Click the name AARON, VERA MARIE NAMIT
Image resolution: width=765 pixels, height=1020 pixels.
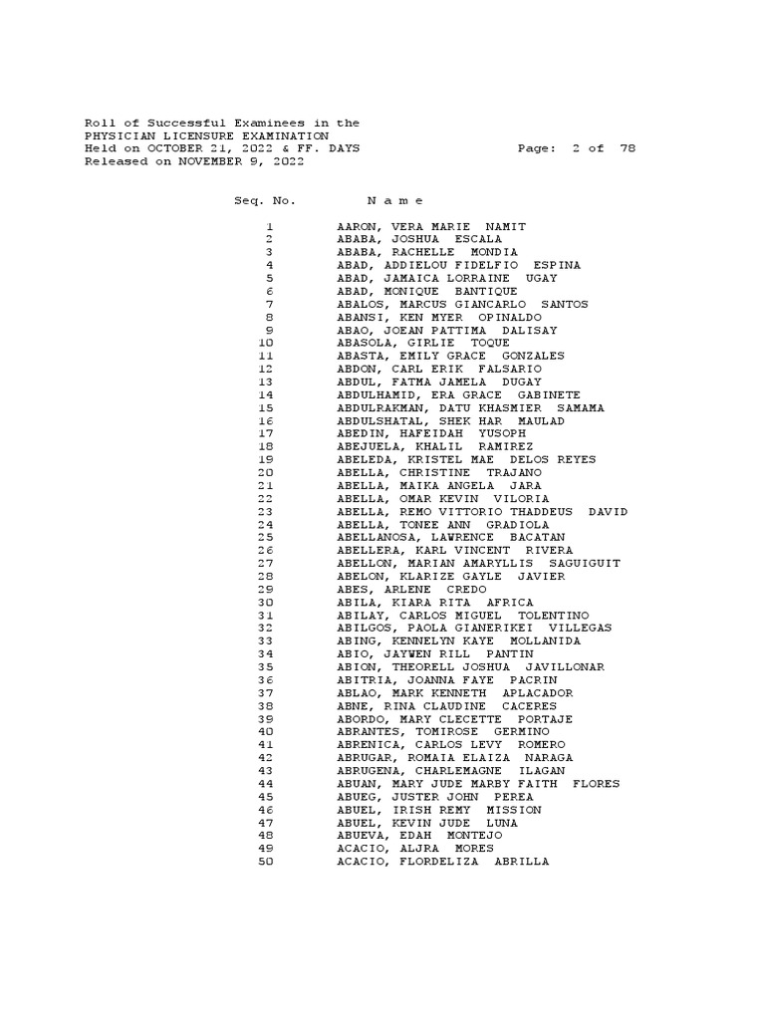(x=431, y=227)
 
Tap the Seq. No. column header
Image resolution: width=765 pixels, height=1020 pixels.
(x=264, y=200)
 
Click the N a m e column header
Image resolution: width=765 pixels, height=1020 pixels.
(x=395, y=200)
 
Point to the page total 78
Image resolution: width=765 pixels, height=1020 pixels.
(x=627, y=148)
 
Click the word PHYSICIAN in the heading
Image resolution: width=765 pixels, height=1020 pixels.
(x=120, y=135)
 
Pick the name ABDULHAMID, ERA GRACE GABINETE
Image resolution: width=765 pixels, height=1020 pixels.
(x=458, y=395)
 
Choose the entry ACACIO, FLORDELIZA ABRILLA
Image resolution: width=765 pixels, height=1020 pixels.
(x=442, y=862)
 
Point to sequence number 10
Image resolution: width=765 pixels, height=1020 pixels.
(x=265, y=344)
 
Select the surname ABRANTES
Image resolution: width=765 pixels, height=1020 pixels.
(x=369, y=732)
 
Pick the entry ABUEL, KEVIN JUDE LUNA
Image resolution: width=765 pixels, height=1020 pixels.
(x=419, y=823)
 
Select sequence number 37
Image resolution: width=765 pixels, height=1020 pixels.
(x=265, y=693)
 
